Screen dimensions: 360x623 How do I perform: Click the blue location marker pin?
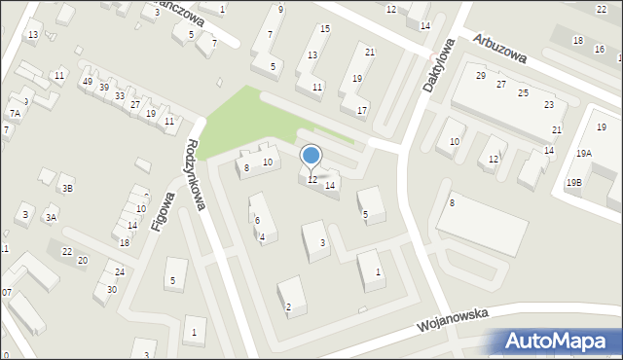point(311,157)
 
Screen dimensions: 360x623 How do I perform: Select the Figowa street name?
point(163,211)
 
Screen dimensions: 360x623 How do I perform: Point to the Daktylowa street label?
point(439,65)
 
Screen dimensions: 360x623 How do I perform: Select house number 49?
point(88,82)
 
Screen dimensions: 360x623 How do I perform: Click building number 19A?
point(583,153)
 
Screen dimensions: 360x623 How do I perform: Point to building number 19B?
point(573,182)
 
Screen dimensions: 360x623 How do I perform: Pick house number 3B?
point(66,189)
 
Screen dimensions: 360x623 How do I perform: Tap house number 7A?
point(15,114)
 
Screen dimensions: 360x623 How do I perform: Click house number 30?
point(112,289)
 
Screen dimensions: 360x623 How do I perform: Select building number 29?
point(481,75)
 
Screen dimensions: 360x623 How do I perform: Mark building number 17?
point(361,110)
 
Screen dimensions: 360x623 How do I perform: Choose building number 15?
point(325,29)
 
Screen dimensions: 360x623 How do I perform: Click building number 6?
point(257,221)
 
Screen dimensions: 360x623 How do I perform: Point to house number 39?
point(103,88)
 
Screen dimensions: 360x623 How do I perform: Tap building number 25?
point(523,92)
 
